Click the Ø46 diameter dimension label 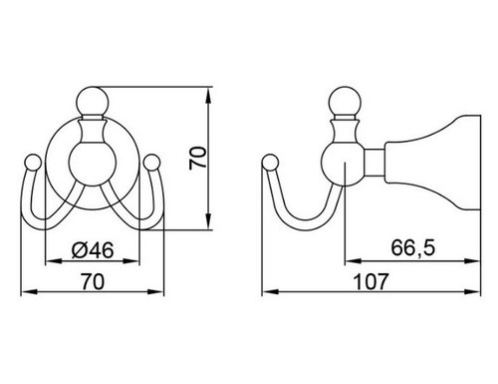click(93, 250)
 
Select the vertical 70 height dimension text click(197, 159)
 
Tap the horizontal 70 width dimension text click(93, 282)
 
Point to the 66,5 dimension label click(412, 247)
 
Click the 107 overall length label click(370, 282)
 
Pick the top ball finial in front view click(92, 101)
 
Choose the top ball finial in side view click(344, 101)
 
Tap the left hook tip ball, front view click(33, 163)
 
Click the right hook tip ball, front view click(152, 163)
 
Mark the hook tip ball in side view click(270, 163)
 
